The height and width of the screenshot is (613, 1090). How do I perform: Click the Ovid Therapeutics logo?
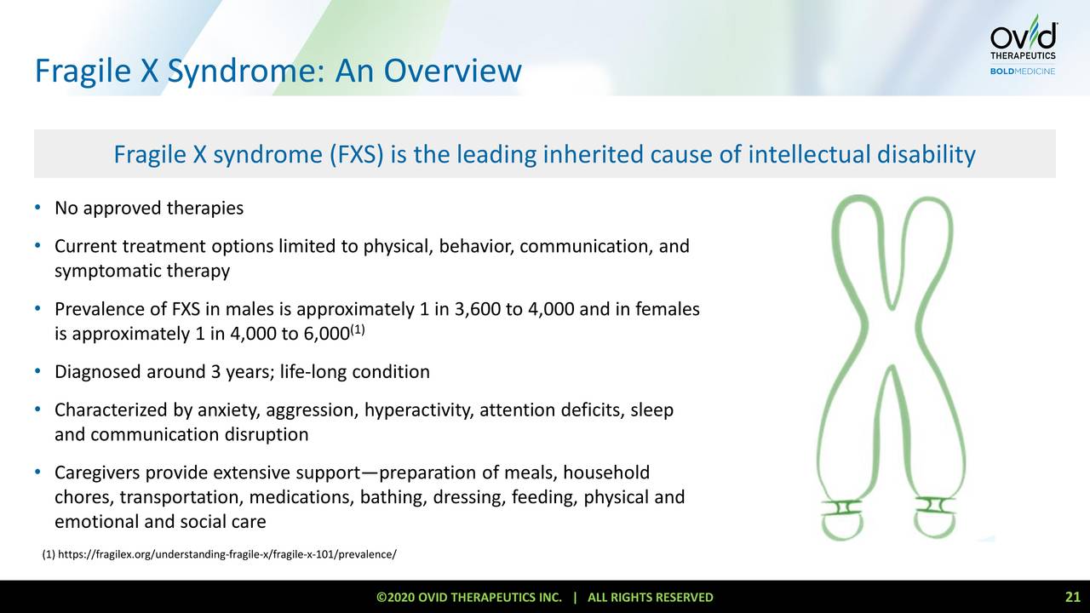point(1023,38)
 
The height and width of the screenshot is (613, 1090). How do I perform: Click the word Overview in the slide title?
point(450,71)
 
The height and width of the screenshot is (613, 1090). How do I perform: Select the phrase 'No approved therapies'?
point(149,209)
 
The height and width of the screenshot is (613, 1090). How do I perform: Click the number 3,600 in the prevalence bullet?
point(479,310)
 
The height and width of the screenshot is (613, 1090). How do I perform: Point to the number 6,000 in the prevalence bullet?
point(322,334)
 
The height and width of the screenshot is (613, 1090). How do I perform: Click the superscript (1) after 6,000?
point(358,329)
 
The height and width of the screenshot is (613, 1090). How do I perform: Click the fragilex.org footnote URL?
point(227,555)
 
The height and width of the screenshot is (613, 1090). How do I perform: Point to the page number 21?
point(1072,597)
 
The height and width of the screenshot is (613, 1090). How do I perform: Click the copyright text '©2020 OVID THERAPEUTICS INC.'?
point(469,598)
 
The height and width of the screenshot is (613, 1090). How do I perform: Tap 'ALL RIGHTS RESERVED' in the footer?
point(651,598)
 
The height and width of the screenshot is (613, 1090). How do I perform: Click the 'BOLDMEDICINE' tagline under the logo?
point(1022,72)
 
